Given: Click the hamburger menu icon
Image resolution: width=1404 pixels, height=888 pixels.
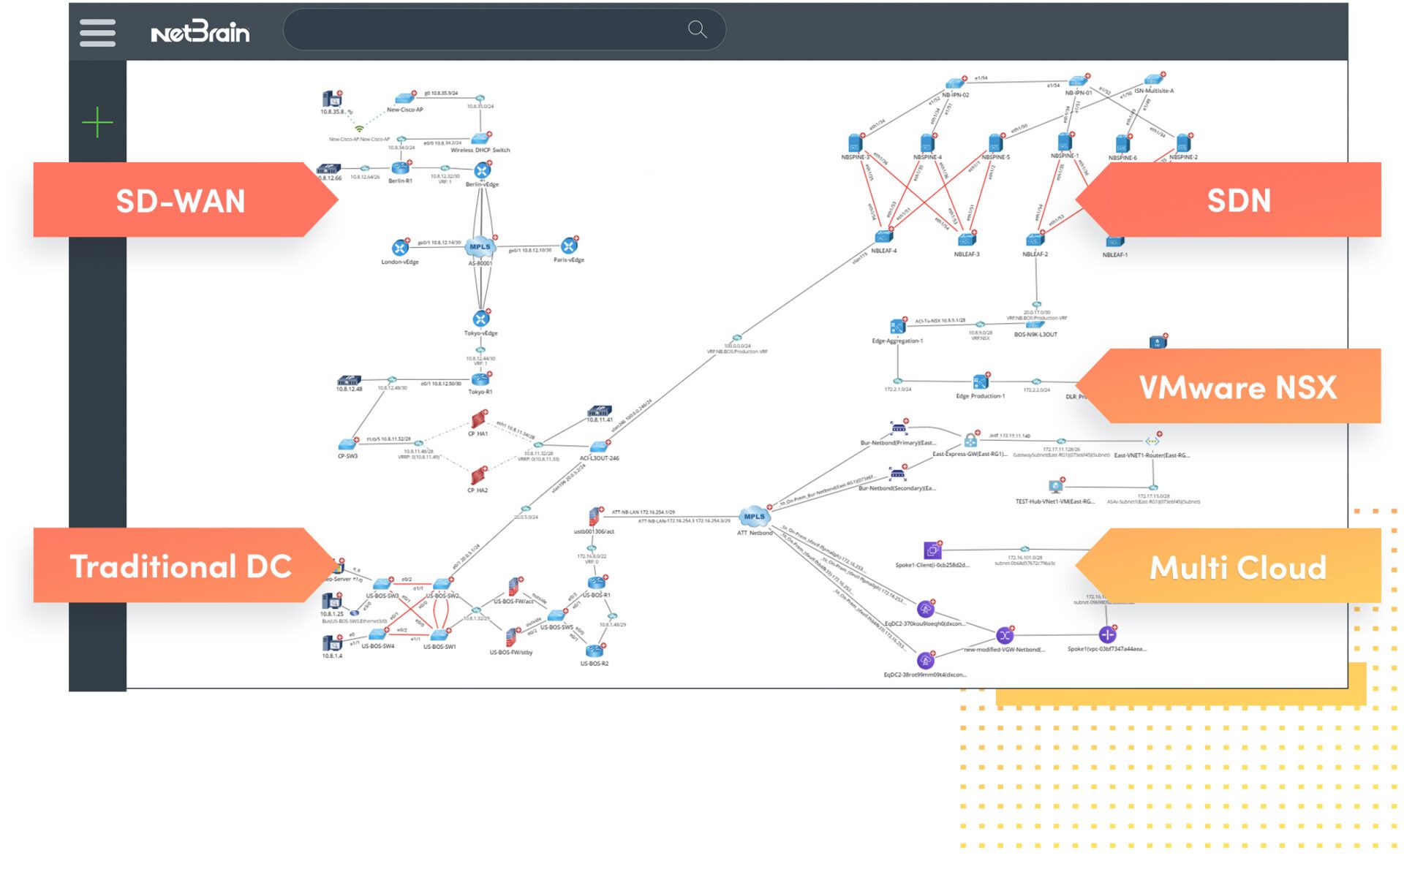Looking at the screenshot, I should click(97, 33).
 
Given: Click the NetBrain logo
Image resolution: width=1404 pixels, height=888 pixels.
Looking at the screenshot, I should click(200, 33).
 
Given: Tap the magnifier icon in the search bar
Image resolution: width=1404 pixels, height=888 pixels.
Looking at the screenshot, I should click(697, 29).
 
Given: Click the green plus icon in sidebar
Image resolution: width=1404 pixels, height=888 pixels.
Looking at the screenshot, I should click(97, 122).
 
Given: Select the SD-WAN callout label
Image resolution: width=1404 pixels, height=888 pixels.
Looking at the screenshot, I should click(180, 200).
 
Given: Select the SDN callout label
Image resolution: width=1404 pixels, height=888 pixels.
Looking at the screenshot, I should click(1238, 200).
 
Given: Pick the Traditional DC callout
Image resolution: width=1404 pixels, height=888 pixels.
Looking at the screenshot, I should click(180, 566).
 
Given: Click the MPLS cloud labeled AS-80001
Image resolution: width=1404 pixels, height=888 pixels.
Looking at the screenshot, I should click(480, 247).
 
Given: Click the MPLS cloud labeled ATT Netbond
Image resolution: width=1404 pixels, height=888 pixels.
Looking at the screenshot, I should click(754, 517).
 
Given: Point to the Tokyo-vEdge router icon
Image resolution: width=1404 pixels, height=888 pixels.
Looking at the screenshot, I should click(480, 319).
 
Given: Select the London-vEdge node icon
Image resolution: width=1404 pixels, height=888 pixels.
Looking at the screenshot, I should click(400, 248).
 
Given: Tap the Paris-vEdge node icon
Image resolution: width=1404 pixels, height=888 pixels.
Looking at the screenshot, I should click(569, 246).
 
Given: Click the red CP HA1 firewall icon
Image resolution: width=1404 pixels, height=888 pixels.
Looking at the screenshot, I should click(478, 420).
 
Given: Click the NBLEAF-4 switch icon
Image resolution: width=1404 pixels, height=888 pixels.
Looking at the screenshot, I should click(883, 237).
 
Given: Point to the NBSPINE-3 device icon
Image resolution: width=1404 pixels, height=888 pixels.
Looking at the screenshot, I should click(855, 143).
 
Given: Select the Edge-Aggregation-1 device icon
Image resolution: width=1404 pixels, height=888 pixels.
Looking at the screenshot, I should click(897, 327).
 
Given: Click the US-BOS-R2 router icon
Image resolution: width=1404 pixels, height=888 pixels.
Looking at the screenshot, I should click(594, 650).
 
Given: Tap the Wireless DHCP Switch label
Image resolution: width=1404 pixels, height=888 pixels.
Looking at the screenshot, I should click(480, 150).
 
